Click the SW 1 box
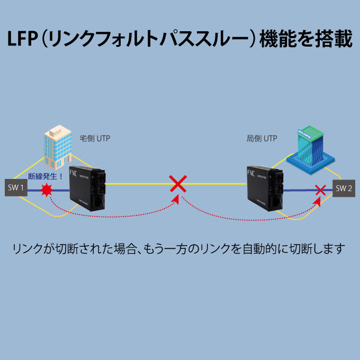click(x=15, y=187)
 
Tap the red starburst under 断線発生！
click(x=47, y=190)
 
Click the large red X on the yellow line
click(x=178, y=184)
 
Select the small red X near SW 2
click(x=320, y=189)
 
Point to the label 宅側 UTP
click(x=95, y=139)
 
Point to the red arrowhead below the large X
click(x=177, y=200)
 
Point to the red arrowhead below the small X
click(x=318, y=201)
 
